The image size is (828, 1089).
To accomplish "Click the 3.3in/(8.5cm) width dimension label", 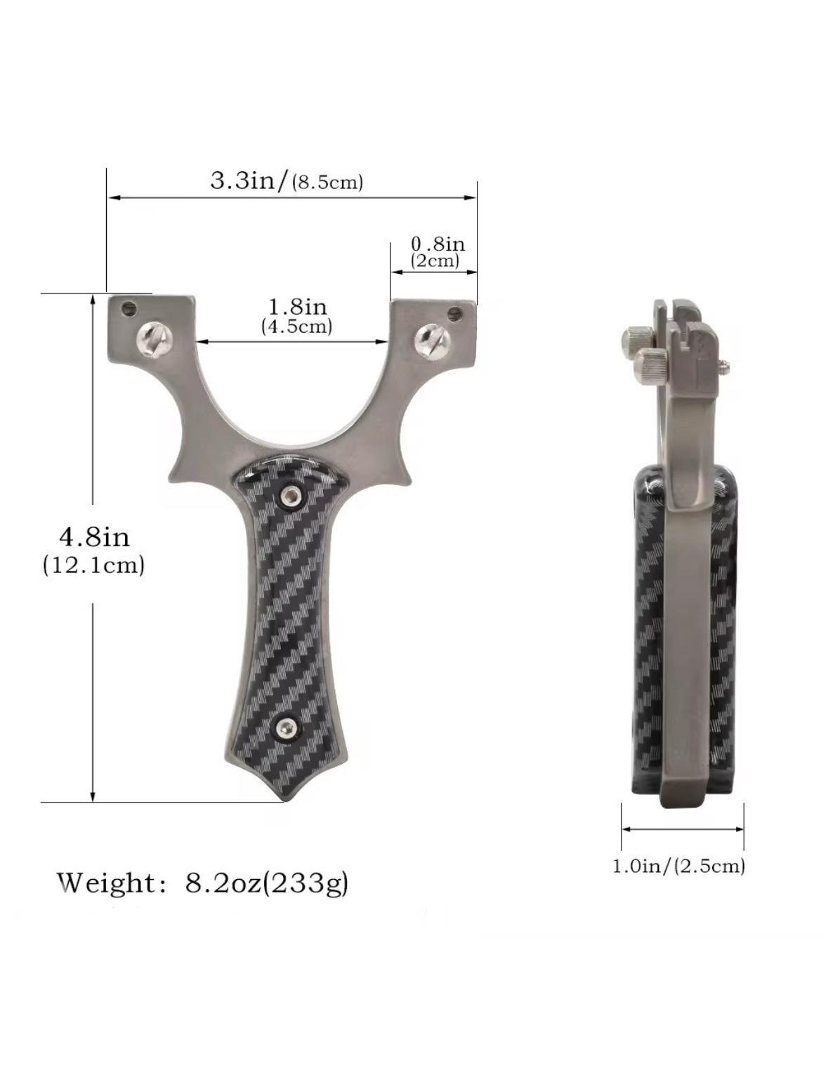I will click(x=287, y=181).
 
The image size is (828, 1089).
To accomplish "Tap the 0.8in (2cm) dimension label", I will click(x=437, y=252).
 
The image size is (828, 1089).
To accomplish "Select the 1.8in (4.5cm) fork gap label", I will click(x=297, y=315).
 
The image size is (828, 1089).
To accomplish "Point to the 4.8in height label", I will click(x=94, y=537).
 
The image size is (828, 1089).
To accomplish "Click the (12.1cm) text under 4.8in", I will click(x=94, y=565).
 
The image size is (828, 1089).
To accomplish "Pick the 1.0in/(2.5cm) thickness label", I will click(x=678, y=866).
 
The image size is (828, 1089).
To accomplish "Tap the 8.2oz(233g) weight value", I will click(x=267, y=883).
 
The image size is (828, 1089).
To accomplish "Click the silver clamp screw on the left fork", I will click(x=153, y=340).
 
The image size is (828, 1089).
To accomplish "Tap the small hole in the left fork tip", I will click(x=129, y=308).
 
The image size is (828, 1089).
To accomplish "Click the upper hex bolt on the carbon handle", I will click(x=289, y=497).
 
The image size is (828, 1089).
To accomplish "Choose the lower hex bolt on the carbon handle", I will click(x=287, y=729).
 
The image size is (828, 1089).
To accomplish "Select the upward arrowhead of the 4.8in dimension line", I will click(x=93, y=299).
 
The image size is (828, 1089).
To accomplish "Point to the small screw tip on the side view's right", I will click(x=726, y=364).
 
